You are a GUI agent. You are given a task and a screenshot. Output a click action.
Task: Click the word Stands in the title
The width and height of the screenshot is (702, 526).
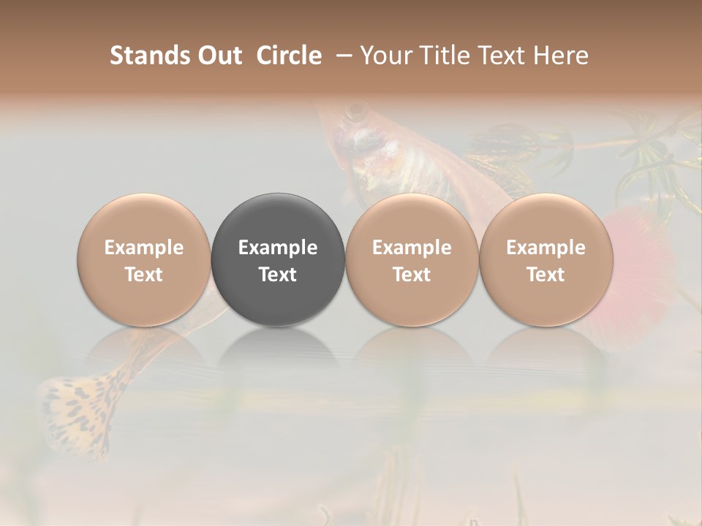tap(145, 56)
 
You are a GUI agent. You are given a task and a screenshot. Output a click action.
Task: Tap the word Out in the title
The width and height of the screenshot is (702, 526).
tap(217, 56)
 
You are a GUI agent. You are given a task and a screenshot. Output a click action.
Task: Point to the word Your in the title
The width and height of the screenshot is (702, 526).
tap(385, 56)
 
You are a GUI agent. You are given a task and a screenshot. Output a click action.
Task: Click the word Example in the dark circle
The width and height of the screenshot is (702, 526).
tap(278, 248)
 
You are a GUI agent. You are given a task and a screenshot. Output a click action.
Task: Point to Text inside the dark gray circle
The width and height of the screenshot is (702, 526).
tap(278, 275)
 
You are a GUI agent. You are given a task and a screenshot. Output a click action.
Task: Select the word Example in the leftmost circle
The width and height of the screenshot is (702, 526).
tap(144, 248)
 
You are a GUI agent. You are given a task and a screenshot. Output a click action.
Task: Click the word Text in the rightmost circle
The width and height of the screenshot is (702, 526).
tap(546, 275)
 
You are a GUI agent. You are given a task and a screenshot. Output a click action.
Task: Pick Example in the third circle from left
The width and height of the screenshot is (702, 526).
tap(412, 248)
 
